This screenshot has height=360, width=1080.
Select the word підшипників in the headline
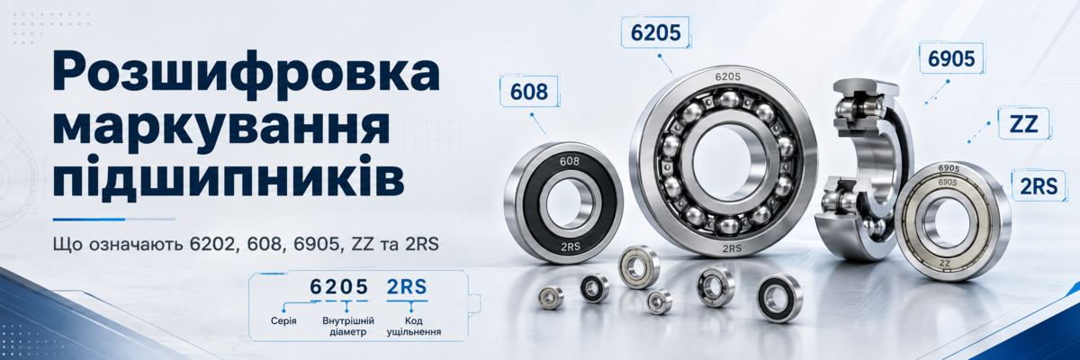point(229,177)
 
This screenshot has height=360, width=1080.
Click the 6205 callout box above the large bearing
point(656,32)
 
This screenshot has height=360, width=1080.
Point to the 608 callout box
point(529,91)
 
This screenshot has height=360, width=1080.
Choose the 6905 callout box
point(951,58)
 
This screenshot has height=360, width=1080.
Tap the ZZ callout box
point(1023,124)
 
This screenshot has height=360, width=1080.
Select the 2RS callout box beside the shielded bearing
point(1038,186)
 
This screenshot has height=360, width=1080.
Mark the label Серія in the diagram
point(283,320)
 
